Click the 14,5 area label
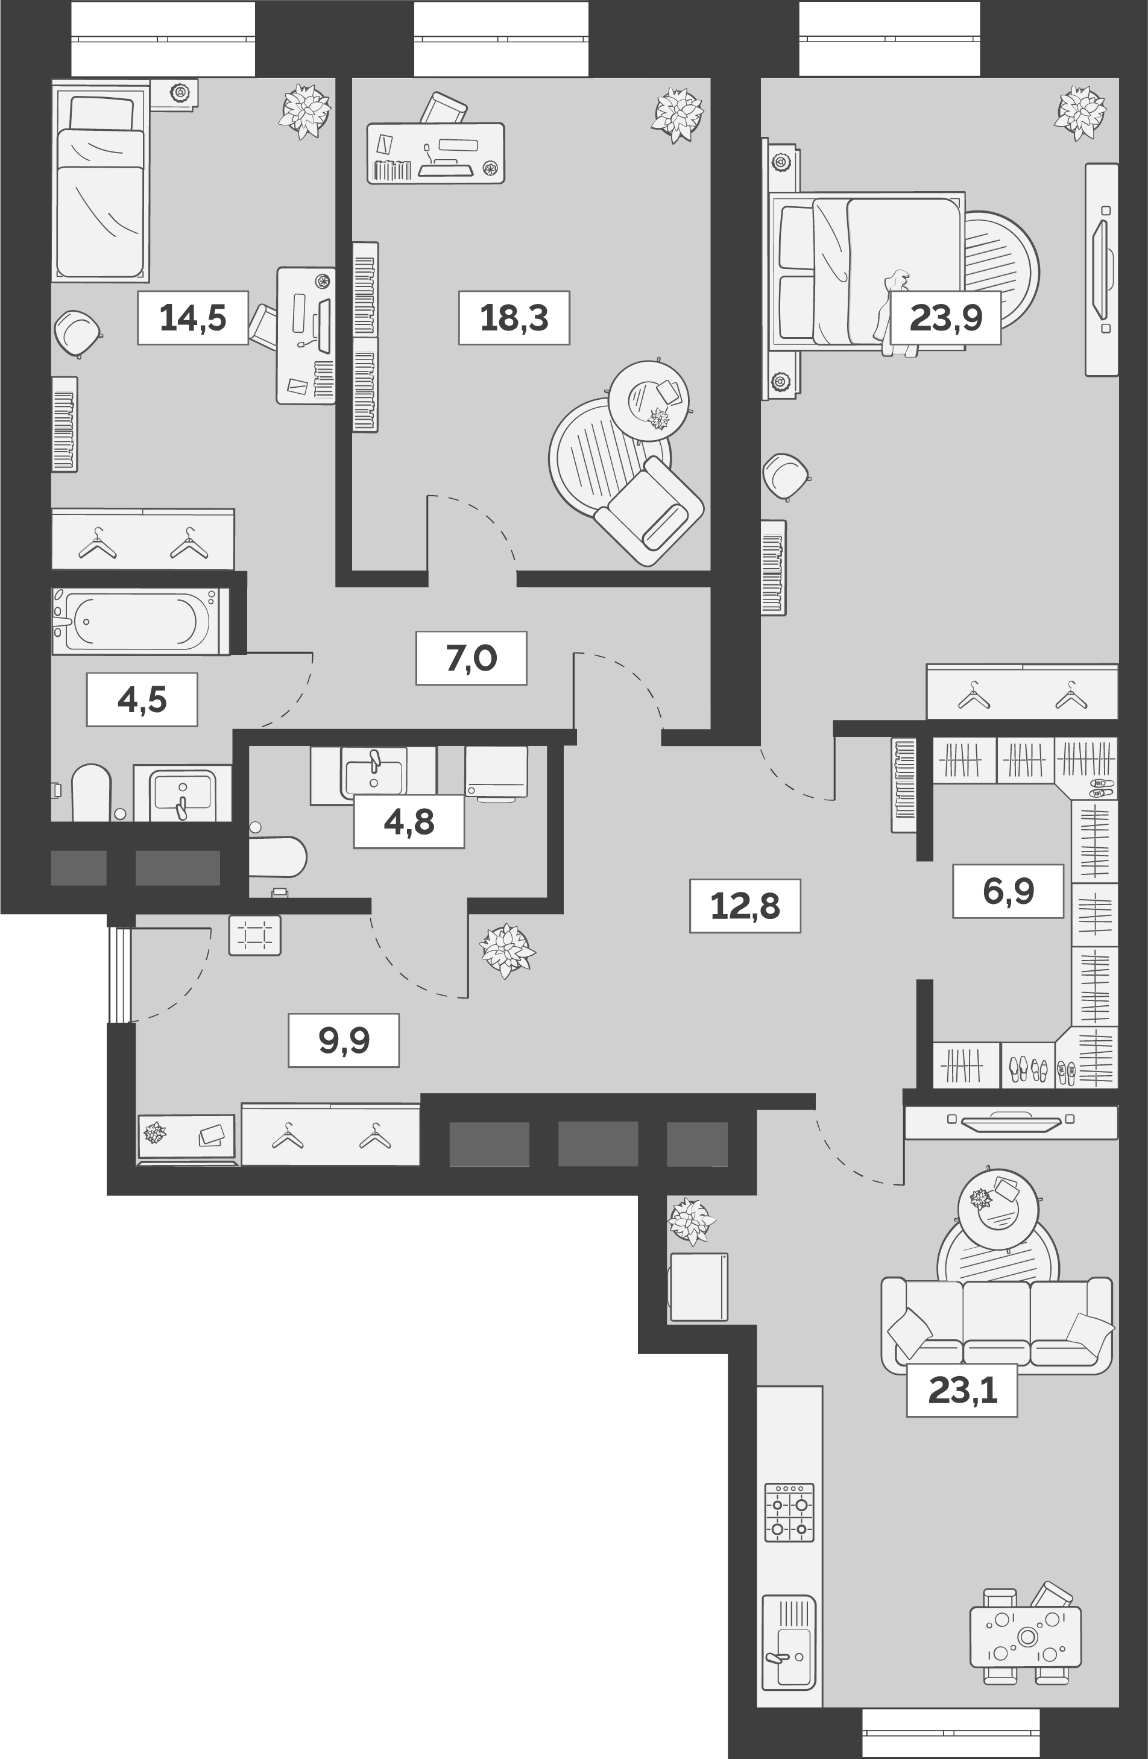coord(192,318)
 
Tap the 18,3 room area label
coord(514,318)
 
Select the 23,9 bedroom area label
coord(945,318)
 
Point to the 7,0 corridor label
coord(471,658)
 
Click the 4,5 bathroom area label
coord(142,699)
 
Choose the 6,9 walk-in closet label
coord(1008,891)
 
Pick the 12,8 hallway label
coord(745,905)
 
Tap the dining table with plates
coord(1025,1637)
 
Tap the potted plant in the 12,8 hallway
coord(506,950)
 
